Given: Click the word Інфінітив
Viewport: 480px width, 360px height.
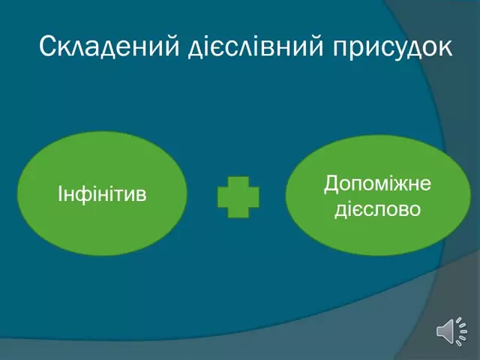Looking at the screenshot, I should [102, 196].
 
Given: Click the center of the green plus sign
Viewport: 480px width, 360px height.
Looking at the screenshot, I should [238, 197].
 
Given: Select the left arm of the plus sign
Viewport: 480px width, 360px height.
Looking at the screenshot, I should [223, 197].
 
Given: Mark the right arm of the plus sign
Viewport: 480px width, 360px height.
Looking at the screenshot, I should [253, 197].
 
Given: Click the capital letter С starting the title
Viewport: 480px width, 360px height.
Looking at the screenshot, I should [47, 46].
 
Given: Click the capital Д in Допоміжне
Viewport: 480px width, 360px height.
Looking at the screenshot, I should [331, 184].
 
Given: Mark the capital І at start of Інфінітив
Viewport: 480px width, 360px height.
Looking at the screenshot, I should [60, 196].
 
